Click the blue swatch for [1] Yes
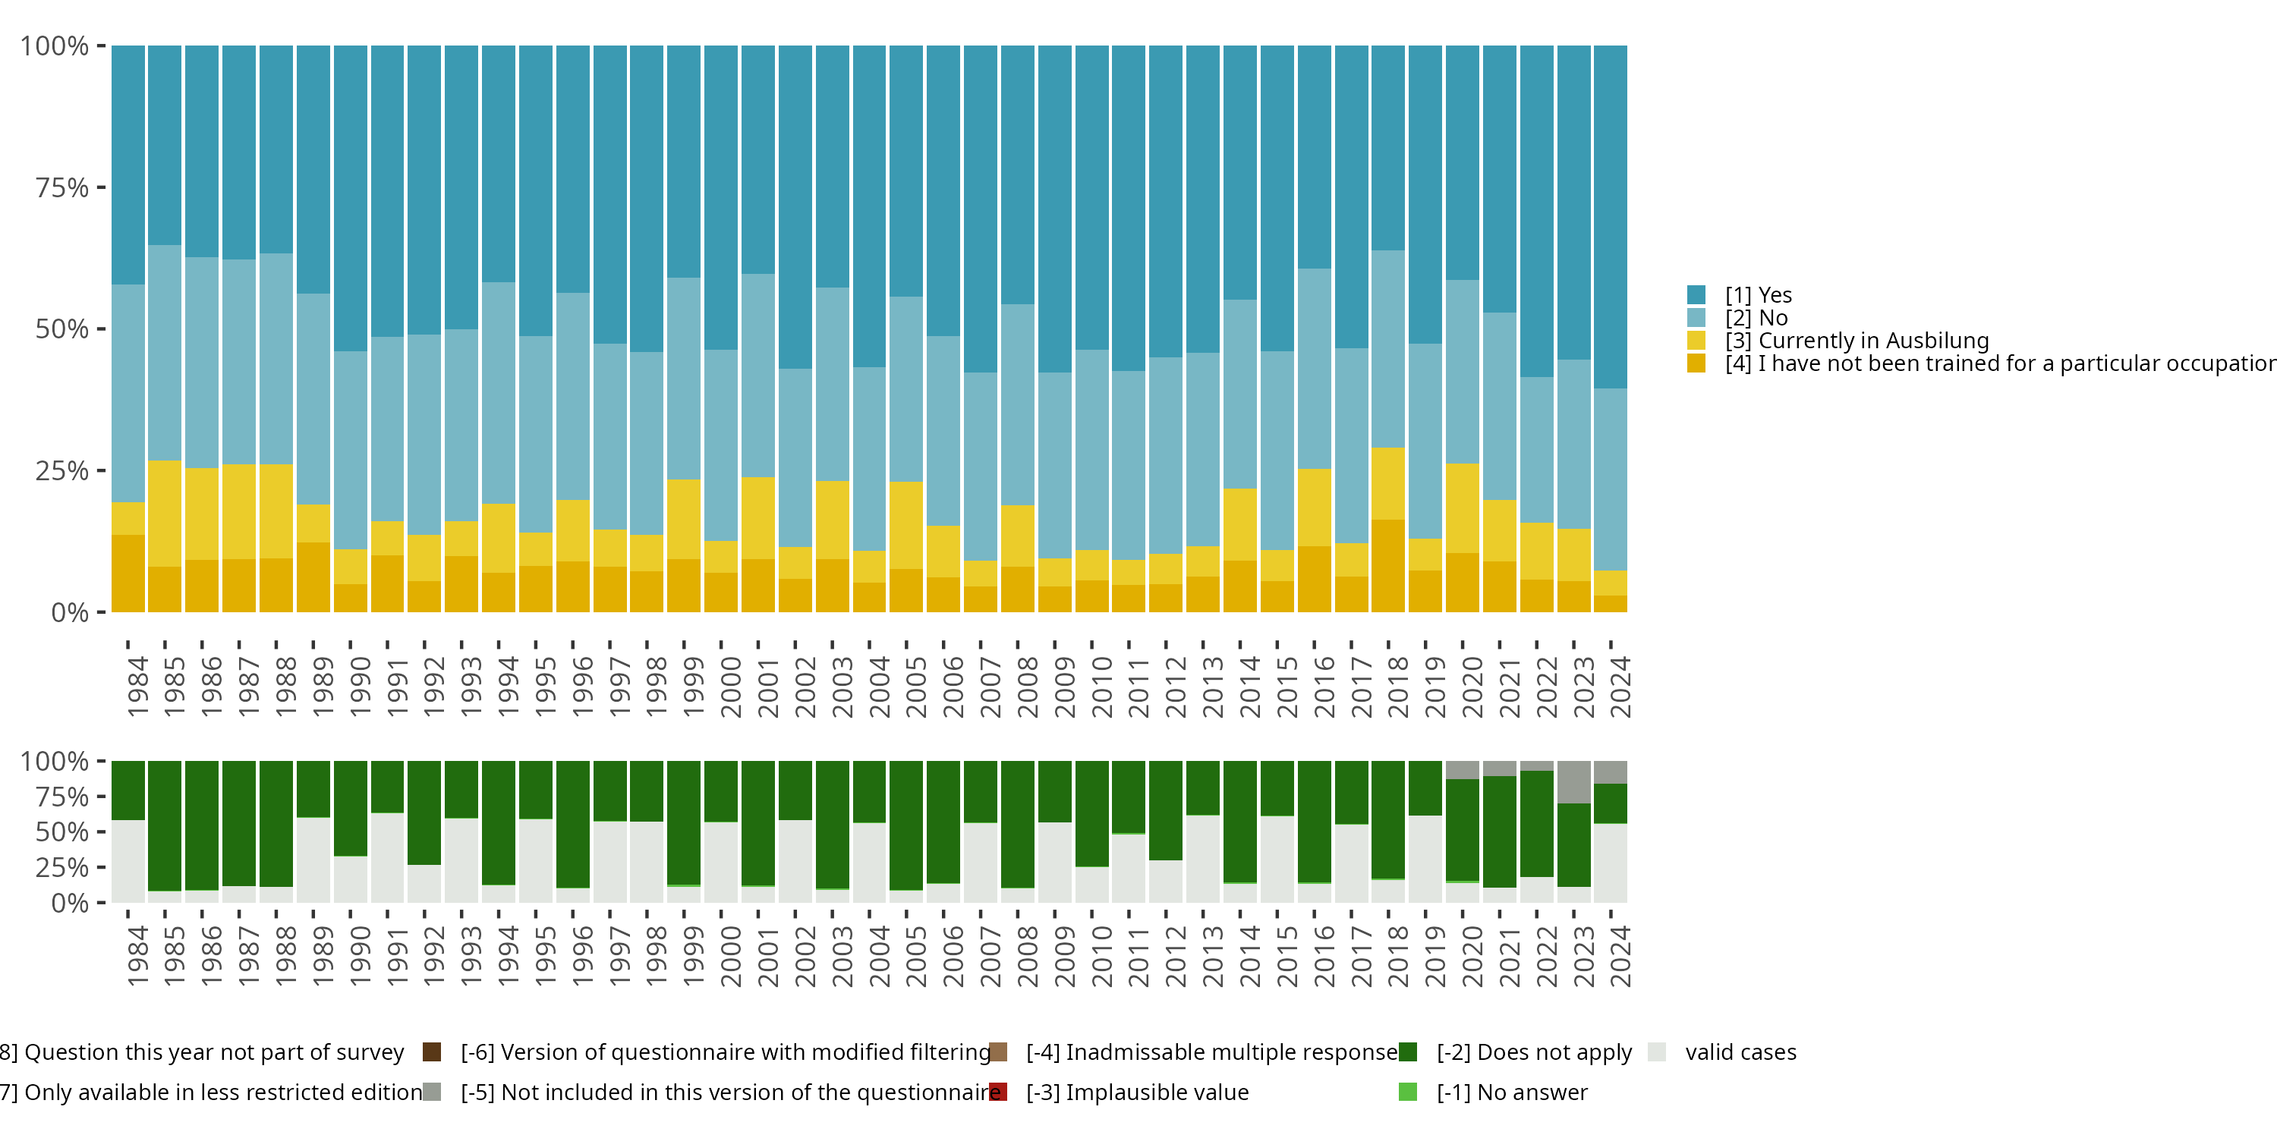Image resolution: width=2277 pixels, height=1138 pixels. [x=1696, y=295]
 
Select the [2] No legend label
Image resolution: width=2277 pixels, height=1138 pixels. [x=1756, y=318]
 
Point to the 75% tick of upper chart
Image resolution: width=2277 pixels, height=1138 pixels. [x=62, y=187]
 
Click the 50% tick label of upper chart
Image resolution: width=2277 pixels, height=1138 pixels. [x=62, y=329]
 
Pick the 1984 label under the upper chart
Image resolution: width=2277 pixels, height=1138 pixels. [x=137, y=686]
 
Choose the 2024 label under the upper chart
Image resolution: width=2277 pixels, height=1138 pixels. [x=1620, y=686]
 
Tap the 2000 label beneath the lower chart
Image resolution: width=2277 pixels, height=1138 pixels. [x=730, y=956]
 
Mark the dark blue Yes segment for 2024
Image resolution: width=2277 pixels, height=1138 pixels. [x=1611, y=216]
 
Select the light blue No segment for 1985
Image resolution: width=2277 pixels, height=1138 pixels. [x=165, y=353]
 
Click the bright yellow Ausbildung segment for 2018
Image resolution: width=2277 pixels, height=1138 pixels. [x=1387, y=483]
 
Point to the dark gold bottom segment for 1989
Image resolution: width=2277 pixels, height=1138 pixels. [x=313, y=577]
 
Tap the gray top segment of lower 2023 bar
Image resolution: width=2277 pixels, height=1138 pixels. [x=1573, y=781]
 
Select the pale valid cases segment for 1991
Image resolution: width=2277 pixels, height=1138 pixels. [x=387, y=857]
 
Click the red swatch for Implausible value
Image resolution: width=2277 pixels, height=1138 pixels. [x=999, y=1092]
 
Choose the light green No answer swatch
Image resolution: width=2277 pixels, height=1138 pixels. [x=1408, y=1092]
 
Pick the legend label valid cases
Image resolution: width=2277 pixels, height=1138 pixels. [x=1740, y=1052]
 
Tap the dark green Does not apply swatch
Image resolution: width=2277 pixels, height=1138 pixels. [x=1408, y=1052]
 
